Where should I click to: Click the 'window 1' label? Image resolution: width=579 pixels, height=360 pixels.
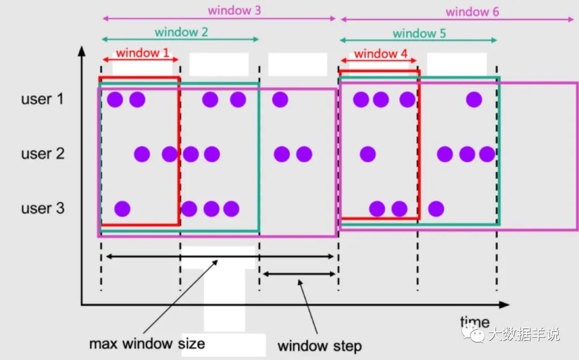pos(142,52)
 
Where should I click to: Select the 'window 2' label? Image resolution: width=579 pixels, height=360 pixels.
pos(181,32)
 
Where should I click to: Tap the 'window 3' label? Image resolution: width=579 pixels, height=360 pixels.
pos(234,10)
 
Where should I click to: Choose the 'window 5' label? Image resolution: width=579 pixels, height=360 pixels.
pos(419,33)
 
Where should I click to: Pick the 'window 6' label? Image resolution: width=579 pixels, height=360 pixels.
pos(472,11)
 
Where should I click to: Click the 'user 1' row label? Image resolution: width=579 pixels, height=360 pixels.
pos(42,99)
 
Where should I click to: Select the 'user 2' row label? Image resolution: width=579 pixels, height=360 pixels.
pos(42,154)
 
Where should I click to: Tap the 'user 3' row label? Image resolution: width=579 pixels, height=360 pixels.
pos(42,208)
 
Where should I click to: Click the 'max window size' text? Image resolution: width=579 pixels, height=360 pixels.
pos(147,342)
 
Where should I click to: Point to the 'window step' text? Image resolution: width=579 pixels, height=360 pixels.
pos(320,346)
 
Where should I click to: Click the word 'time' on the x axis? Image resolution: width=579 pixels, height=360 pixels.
pos(474,322)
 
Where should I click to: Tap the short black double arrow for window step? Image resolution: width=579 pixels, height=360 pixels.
pos(298,274)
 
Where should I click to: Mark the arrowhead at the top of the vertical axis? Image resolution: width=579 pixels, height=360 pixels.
pos(81,50)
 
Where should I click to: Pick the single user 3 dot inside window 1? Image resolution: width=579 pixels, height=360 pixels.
pos(122,208)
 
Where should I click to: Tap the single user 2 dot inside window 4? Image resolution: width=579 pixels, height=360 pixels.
pos(367,154)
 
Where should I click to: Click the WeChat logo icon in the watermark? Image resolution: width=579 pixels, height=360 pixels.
pos(475,335)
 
